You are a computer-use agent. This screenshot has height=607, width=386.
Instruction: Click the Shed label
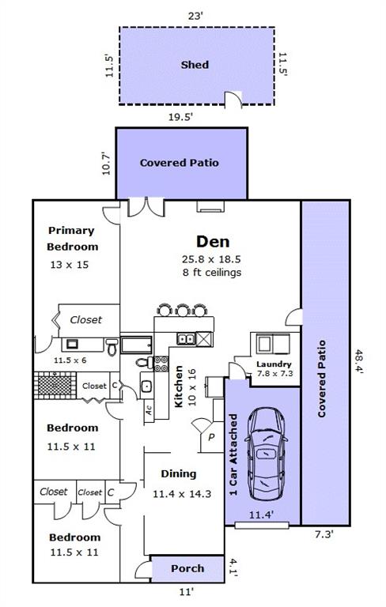tap(195, 65)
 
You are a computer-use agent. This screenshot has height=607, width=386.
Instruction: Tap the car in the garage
tap(266, 454)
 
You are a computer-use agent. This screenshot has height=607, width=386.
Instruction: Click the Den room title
tap(213, 242)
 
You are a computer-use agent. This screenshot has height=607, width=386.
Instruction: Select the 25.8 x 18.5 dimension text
tap(212, 259)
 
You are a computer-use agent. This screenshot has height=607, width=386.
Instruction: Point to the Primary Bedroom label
tap(72, 239)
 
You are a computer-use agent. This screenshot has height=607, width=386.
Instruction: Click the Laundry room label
tap(274, 364)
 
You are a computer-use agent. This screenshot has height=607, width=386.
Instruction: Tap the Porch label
tap(187, 568)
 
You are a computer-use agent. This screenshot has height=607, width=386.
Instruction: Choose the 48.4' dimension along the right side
tap(359, 361)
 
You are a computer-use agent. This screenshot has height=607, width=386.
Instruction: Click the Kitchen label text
tap(179, 386)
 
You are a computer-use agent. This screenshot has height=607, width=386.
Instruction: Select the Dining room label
tap(179, 474)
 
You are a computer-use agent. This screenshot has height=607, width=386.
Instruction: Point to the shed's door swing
tap(233, 98)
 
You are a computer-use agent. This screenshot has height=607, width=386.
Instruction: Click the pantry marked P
tap(211, 437)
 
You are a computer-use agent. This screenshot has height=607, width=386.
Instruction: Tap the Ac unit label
tap(149, 410)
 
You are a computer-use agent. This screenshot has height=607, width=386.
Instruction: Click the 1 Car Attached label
tap(233, 455)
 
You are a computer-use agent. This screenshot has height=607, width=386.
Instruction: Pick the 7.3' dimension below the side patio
tap(324, 534)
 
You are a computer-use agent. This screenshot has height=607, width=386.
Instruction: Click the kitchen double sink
tap(186, 339)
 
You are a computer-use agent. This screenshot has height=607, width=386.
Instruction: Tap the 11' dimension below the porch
tap(187, 592)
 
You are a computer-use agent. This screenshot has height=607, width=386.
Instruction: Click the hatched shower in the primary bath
tap(55, 386)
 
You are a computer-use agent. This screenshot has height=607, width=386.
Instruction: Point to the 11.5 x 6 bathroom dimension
tap(70, 360)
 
